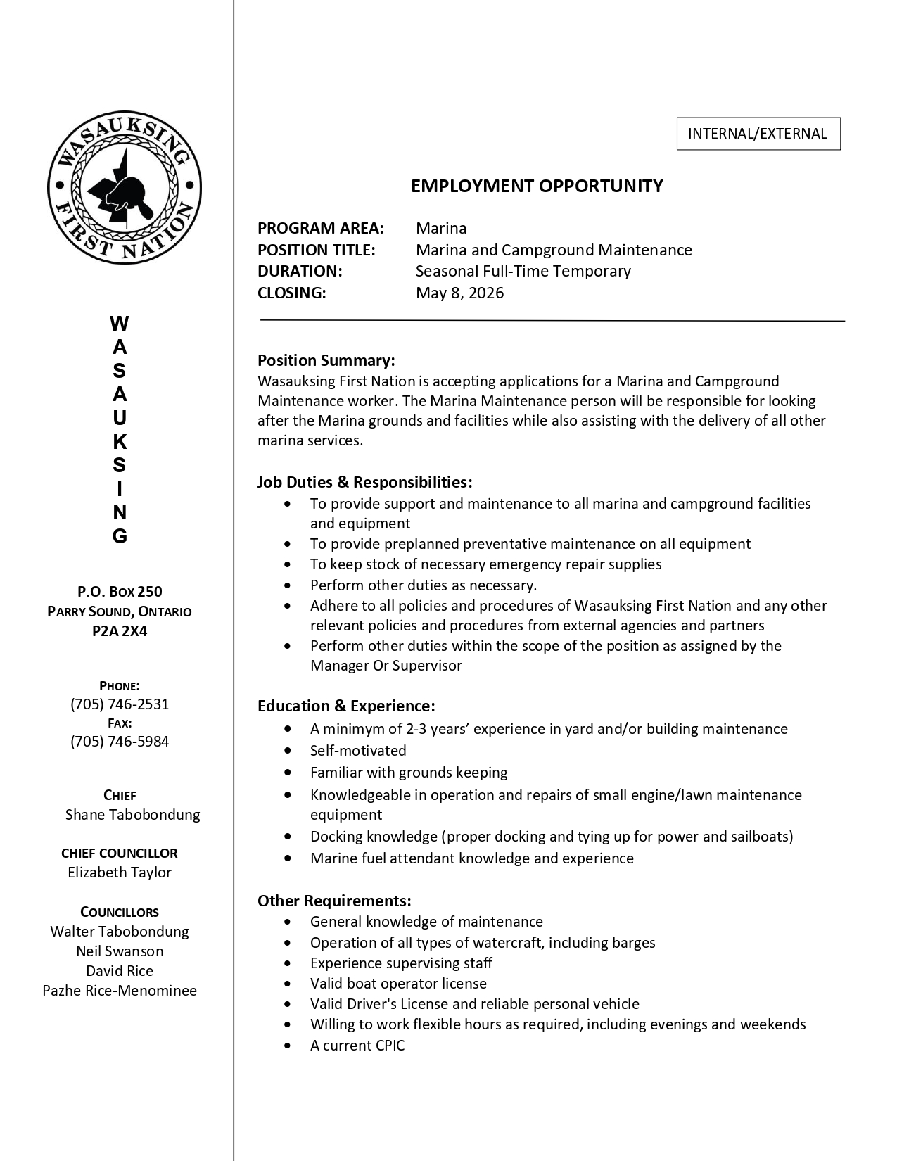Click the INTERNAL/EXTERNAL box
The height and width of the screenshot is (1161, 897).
758,134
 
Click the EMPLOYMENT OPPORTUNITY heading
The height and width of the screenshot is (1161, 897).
537,186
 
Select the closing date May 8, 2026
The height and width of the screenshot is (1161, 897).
459,293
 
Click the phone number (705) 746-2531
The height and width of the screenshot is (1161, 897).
120,704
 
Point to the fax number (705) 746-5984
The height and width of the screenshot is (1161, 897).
120,742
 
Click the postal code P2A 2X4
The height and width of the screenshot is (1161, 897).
120,631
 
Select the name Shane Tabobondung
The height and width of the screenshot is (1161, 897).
132,815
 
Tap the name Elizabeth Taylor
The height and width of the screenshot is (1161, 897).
120,873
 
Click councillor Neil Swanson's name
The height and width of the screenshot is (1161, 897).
120,951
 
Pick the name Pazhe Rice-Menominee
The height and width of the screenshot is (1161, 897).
120,991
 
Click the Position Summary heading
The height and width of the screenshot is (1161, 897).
326,360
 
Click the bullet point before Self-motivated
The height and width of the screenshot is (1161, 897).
288,751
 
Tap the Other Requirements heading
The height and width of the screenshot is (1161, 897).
334,901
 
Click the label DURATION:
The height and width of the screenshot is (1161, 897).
300,271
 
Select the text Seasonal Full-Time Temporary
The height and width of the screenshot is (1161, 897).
523,271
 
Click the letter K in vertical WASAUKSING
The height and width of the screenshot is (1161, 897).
120,442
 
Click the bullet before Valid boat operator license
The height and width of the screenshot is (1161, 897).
288,984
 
